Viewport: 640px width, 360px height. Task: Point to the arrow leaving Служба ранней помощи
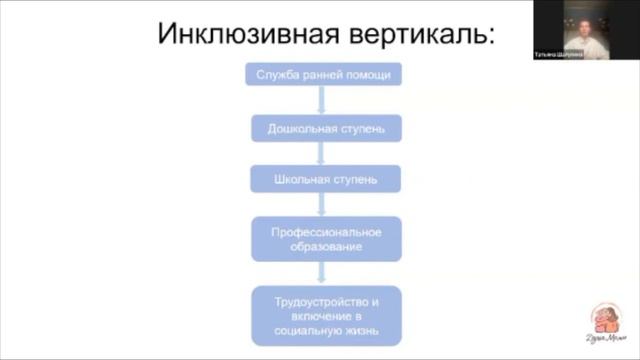[320, 101]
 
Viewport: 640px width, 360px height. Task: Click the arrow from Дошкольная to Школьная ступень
[320, 154]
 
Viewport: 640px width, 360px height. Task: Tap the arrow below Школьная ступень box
[320, 204]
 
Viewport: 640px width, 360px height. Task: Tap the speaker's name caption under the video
[584, 58]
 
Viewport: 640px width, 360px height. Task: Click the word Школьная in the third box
[297, 180]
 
